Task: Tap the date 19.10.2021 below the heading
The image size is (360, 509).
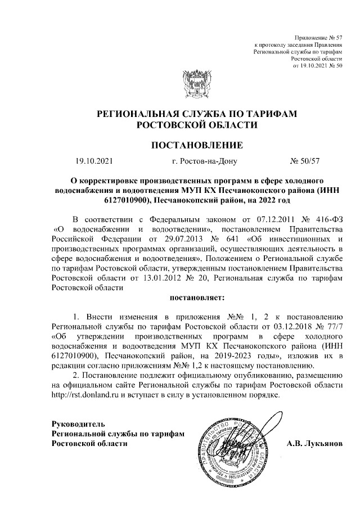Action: tap(94, 162)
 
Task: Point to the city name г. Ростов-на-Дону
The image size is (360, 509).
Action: tap(205, 162)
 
